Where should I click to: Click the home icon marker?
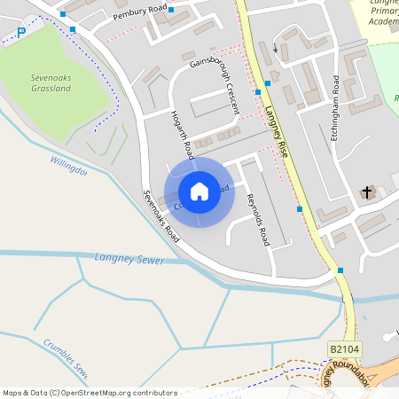(x=199, y=191)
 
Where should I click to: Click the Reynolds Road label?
(x=257, y=218)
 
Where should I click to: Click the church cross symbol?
(x=367, y=192)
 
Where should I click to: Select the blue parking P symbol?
(x=22, y=33)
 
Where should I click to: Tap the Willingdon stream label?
(x=68, y=165)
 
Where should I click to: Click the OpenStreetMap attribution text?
(x=89, y=392)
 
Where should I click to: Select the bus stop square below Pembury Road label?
(x=171, y=11)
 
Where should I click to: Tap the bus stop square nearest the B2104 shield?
(x=340, y=270)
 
